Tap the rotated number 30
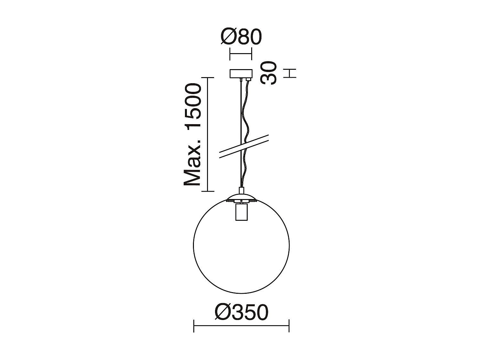[x=268, y=73]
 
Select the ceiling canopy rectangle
[x=241, y=74]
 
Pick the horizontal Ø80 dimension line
[x=241, y=54]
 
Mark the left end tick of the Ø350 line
[x=194, y=326]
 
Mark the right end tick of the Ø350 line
[x=289, y=326]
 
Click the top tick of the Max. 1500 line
[x=208, y=78]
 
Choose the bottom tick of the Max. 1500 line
[x=208, y=191]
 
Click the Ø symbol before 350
[x=223, y=312]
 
